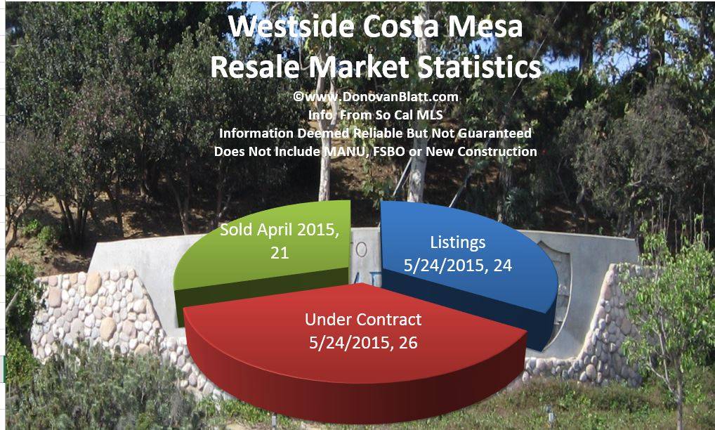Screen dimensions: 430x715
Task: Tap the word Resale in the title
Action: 253,67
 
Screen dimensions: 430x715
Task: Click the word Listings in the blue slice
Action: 457,242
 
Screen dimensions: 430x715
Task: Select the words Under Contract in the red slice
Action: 363,320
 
